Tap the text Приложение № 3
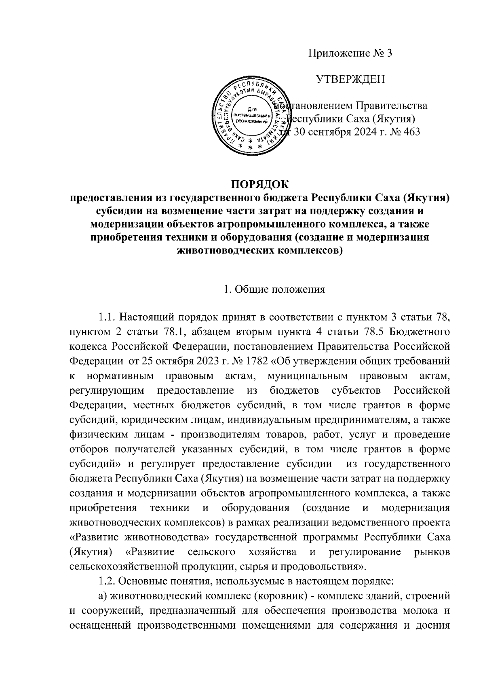350,53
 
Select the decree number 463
411,132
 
